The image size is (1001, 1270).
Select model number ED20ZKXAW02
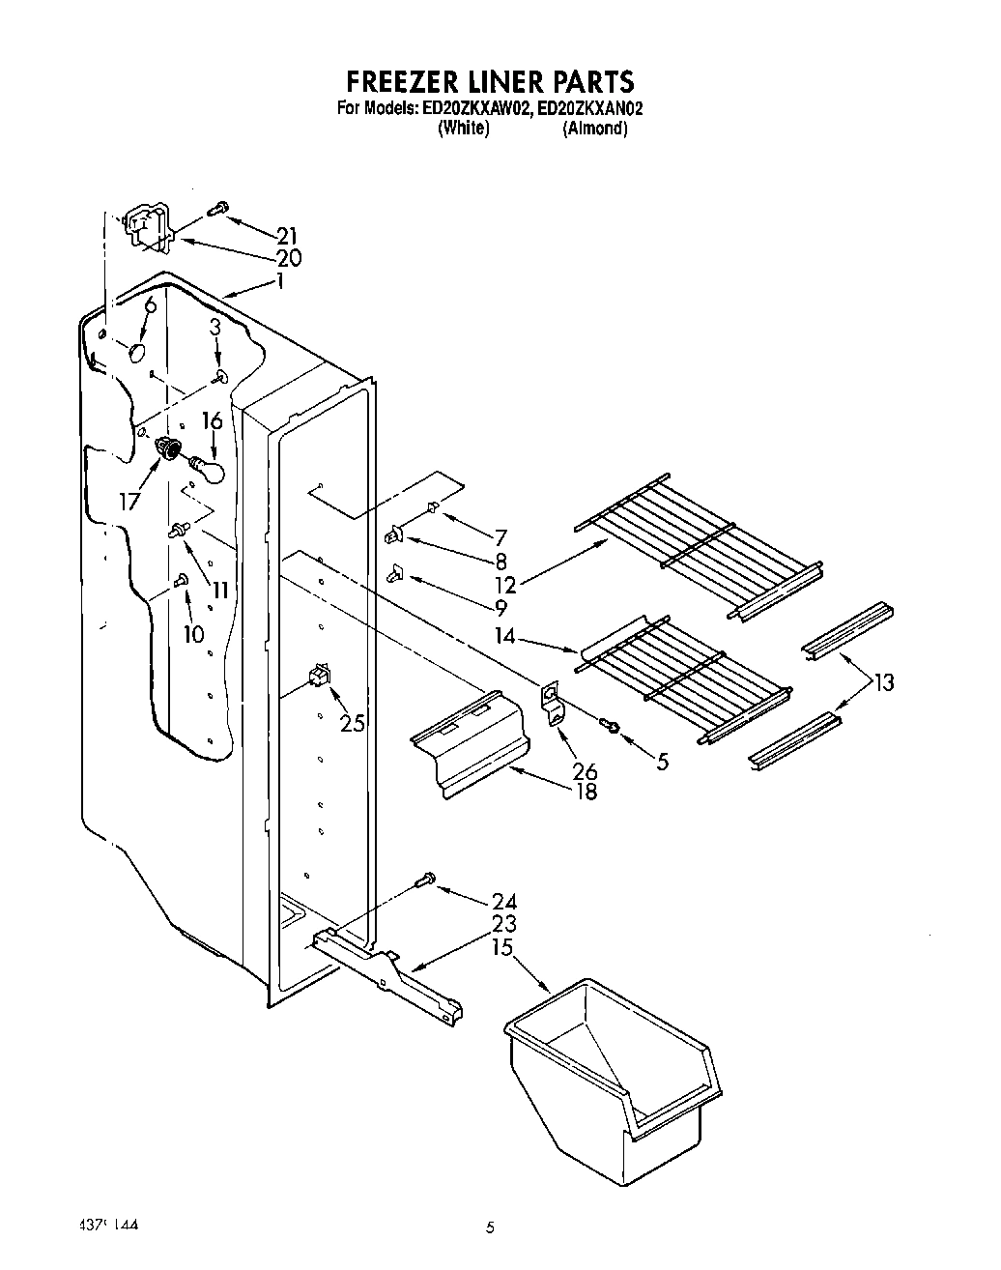tap(476, 109)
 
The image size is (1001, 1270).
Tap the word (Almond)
tap(595, 129)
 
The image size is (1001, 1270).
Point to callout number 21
tap(286, 236)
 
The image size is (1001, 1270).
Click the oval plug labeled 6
tap(137, 354)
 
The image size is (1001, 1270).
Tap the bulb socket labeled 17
tap(169, 448)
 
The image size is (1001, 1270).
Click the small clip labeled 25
tap(319, 678)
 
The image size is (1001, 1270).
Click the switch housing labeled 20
tap(146, 230)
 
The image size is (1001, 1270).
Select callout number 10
tap(193, 634)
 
